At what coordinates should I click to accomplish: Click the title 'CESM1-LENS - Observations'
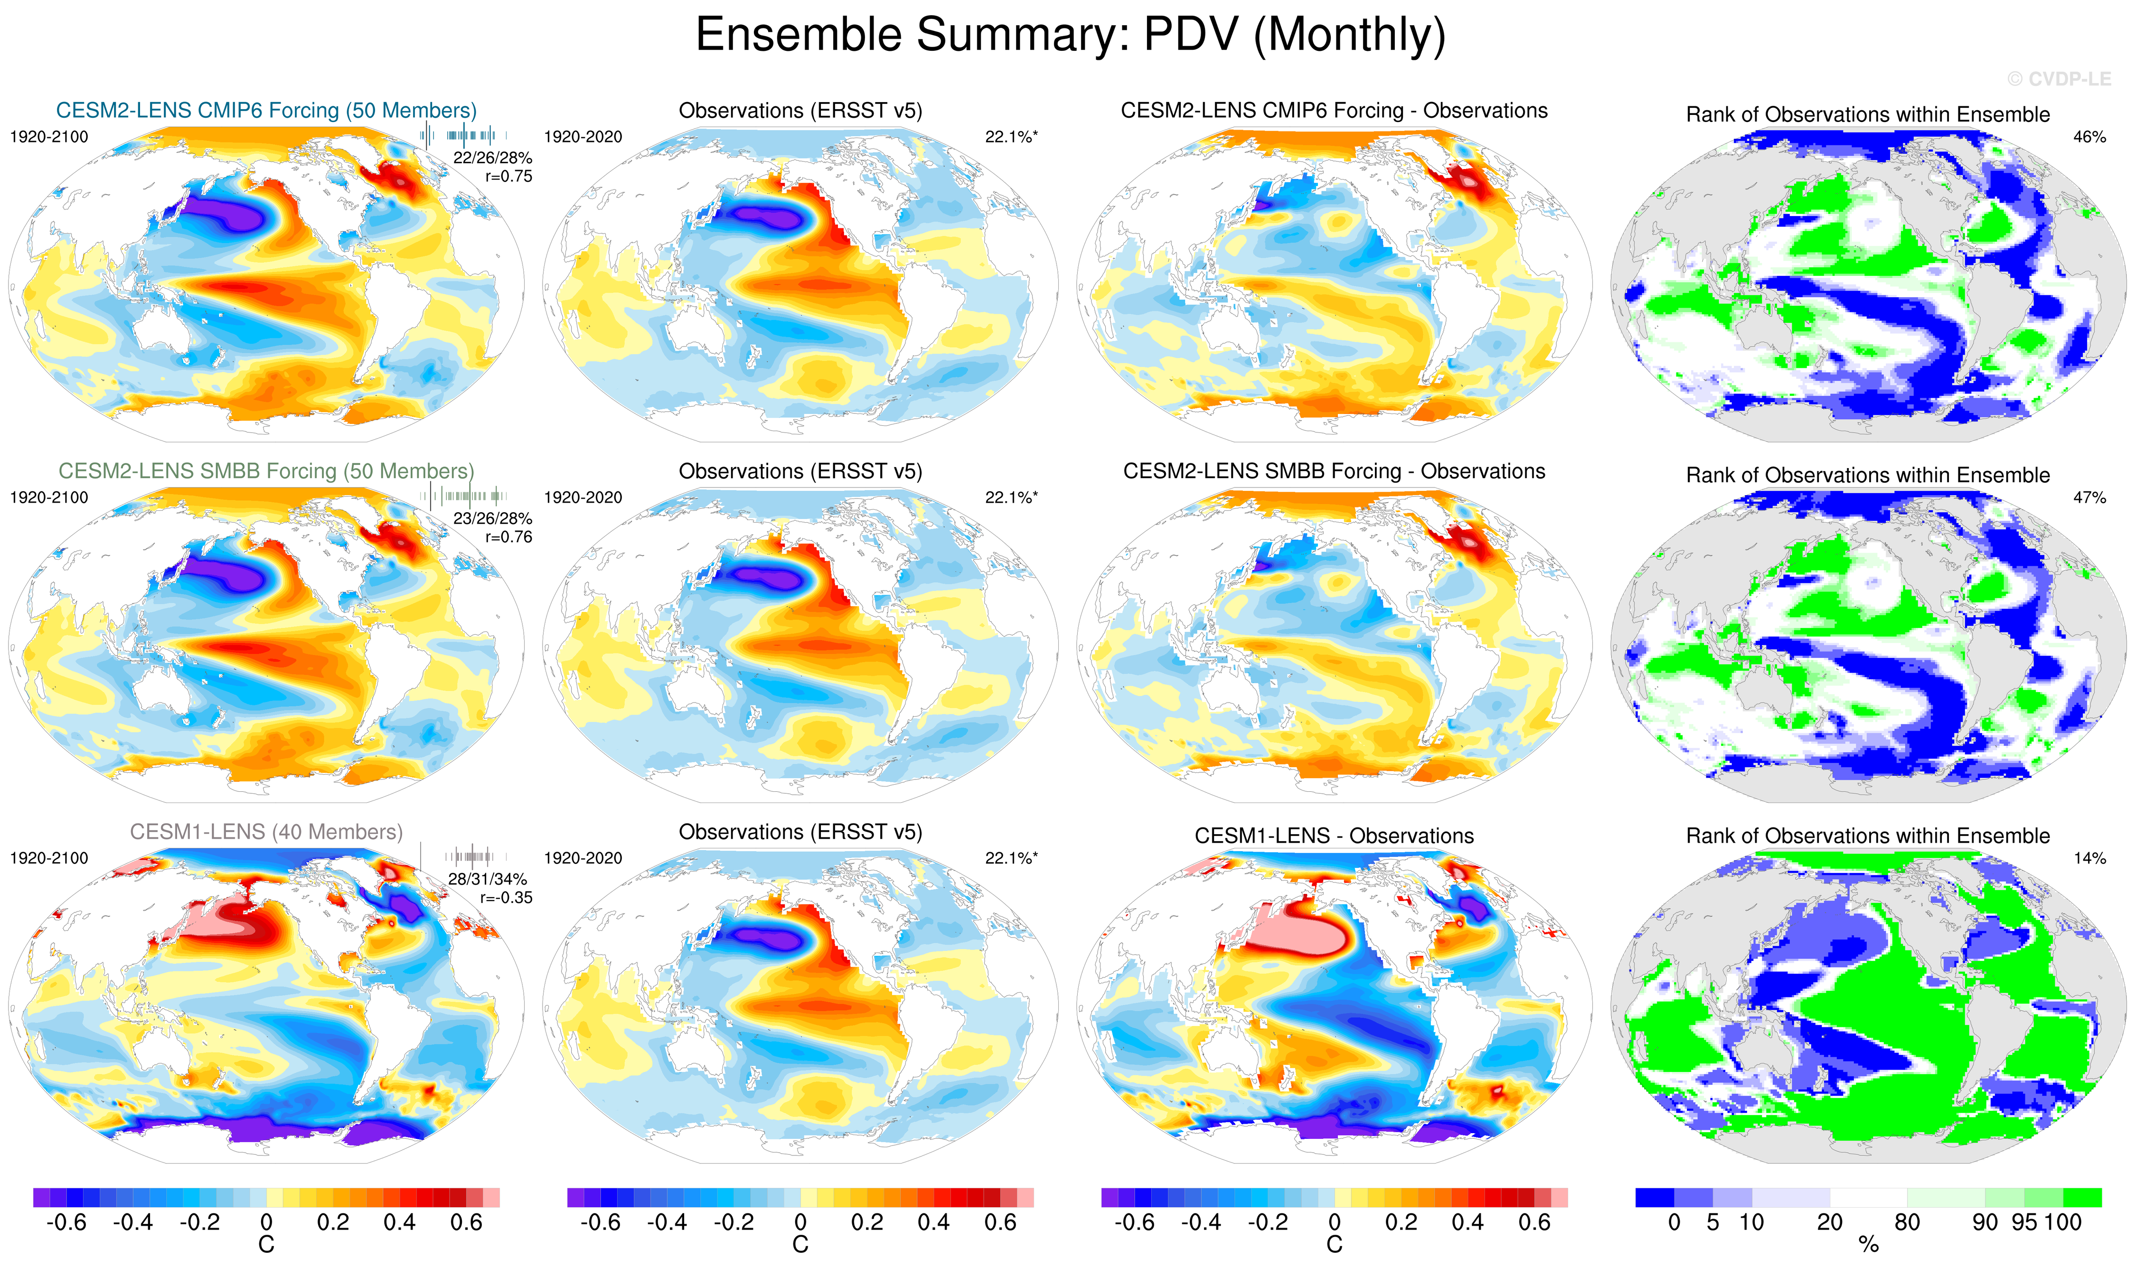point(1334,836)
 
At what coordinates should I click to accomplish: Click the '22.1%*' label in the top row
point(1011,137)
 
